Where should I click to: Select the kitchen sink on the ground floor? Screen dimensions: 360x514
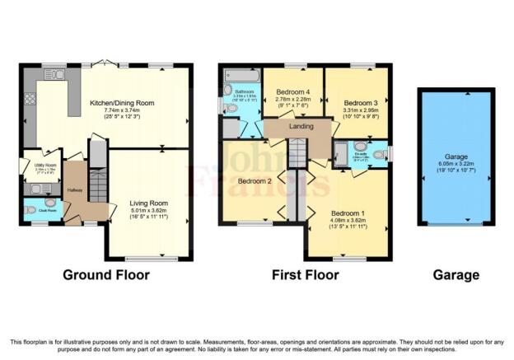56,75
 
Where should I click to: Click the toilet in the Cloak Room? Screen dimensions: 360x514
30,209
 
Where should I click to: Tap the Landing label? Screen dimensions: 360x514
301,127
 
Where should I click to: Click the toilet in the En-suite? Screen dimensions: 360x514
378,153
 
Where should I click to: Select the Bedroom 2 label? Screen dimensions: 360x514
255,180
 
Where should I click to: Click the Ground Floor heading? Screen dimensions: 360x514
105,274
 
